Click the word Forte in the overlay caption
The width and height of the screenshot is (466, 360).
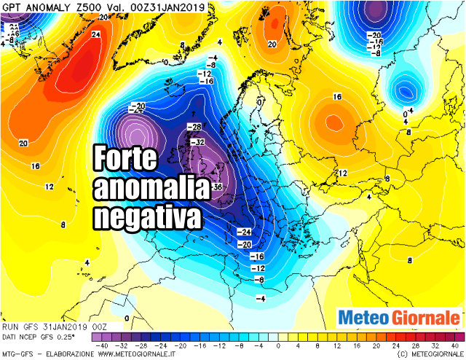coord(128,158)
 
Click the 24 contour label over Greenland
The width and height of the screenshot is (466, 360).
coord(95,34)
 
